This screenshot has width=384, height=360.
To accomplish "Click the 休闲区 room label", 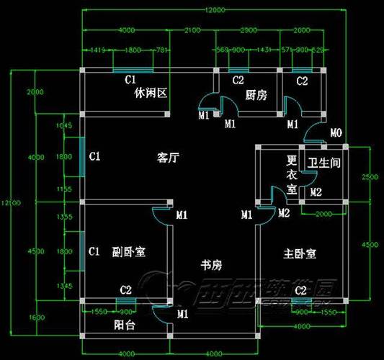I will click(151, 94).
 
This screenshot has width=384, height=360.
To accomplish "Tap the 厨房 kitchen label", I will click(256, 94).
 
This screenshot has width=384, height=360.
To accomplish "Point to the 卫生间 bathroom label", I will click(323, 163).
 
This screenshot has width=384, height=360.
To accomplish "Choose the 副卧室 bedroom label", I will click(129, 252).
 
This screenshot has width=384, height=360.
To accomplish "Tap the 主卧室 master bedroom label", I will click(300, 253).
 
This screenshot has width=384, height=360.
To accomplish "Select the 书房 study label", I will click(210, 266).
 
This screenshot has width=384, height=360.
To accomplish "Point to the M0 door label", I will click(336, 133).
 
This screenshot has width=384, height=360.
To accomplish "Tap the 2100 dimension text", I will click(192, 30).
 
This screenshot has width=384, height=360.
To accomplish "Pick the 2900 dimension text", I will click(249, 30).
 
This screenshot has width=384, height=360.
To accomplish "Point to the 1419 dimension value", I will click(99, 50).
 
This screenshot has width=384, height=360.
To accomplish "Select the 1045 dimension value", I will click(64, 125).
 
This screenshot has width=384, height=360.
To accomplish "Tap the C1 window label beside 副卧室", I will click(94, 251).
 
